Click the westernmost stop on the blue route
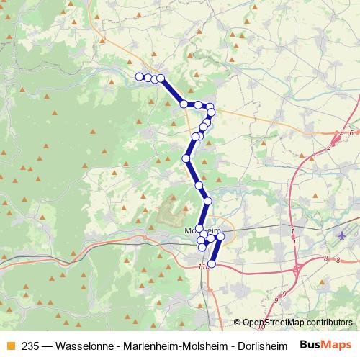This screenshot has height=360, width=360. point(139,76)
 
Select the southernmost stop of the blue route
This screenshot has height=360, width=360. point(211,264)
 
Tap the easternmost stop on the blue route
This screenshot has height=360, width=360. point(220,236)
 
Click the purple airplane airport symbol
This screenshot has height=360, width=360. point(341,235)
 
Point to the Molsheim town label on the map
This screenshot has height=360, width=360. point(202,230)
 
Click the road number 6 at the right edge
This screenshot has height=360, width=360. point(351,132)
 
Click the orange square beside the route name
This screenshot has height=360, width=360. point(10,346)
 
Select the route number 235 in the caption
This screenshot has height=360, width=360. point(31,346)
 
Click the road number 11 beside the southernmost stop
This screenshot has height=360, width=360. point(202,266)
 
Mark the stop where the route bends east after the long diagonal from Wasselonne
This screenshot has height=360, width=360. point(184,104)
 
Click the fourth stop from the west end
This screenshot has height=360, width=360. point(161,78)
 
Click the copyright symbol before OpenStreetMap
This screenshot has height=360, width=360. point(238,323)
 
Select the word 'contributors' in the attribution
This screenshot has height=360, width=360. point(329,323)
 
